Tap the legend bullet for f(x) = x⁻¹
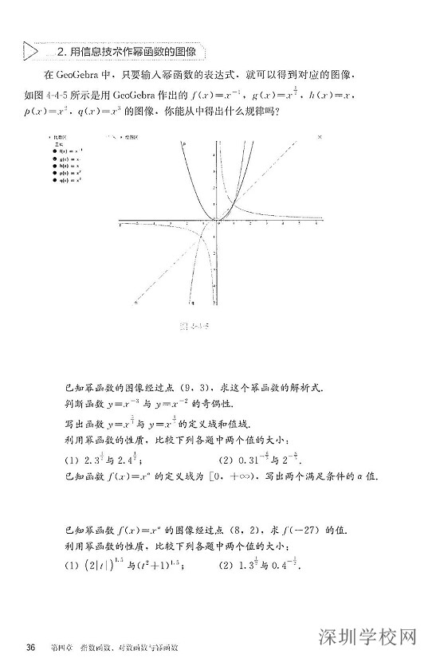pyautogui.click(x=53, y=150)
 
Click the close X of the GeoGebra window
pyautogui.click(x=320, y=137)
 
